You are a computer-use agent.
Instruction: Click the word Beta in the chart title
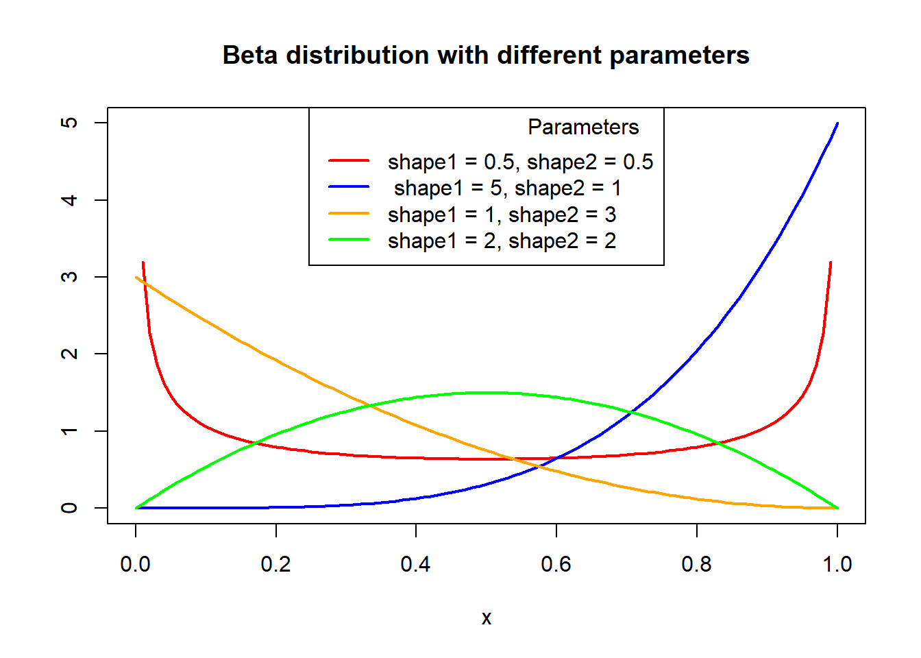point(250,55)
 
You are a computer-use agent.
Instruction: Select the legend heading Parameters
point(583,127)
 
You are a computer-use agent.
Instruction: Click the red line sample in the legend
point(349,160)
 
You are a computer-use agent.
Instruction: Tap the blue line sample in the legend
point(349,186)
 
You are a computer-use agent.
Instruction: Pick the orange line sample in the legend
point(349,213)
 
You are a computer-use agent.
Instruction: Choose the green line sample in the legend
point(349,239)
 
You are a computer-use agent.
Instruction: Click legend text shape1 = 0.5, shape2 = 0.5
point(521,162)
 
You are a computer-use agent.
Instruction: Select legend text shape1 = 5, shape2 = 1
point(508,188)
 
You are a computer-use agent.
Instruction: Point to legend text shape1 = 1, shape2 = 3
point(502,215)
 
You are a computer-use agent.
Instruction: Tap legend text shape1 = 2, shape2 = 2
point(502,241)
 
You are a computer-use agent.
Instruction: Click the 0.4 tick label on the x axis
point(416,564)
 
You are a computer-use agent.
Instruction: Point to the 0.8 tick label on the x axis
point(696,564)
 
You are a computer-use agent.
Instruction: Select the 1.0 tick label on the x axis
point(837,564)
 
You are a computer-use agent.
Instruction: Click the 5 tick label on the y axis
point(69,123)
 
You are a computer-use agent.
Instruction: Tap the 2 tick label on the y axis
point(69,354)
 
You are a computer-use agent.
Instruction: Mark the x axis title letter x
point(487,618)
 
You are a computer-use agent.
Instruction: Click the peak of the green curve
point(487,393)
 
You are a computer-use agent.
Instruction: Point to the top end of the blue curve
point(837,123)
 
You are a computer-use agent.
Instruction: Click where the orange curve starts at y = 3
point(136,278)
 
